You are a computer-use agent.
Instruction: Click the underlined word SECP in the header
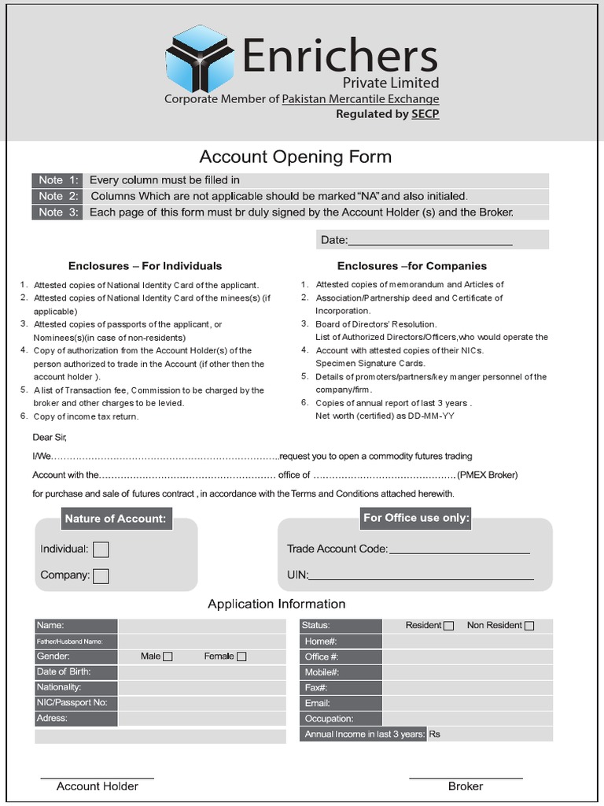(x=425, y=114)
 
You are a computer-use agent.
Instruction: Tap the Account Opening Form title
(x=295, y=157)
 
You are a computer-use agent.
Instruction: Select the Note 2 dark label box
(x=57, y=196)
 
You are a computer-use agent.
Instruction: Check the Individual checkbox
(x=101, y=549)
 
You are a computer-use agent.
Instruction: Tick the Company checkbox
(x=101, y=576)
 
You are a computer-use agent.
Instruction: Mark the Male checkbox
(x=168, y=656)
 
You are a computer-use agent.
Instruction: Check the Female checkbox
(x=241, y=656)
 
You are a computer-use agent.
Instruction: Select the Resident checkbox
(x=448, y=626)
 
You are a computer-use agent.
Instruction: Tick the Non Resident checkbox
(x=529, y=626)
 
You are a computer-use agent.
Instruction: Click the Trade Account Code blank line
(x=459, y=550)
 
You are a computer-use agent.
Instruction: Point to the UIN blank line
(x=421, y=576)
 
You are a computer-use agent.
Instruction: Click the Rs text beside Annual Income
(x=434, y=734)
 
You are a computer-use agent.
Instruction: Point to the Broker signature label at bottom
(x=466, y=786)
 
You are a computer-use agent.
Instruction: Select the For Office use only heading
(x=416, y=518)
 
